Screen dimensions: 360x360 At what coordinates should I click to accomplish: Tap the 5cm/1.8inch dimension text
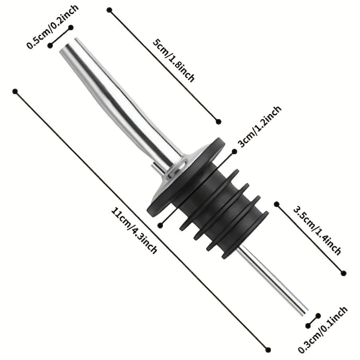(x=174, y=61)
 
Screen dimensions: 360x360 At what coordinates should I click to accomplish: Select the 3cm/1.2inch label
(x=259, y=126)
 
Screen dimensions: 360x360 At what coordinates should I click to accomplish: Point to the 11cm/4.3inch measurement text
(x=134, y=230)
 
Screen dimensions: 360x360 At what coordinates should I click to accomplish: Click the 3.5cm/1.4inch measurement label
(x=317, y=231)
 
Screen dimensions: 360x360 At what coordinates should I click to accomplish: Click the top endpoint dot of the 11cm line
(x=15, y=91)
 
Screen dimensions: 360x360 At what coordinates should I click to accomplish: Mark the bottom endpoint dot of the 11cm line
(x=268, y=350)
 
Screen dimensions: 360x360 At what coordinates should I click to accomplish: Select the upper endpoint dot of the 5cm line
(x=110, y=10)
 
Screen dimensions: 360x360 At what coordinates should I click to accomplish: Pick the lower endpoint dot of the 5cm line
(x=218, y=121)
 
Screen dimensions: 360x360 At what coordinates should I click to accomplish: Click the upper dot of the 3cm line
(x=234, y=151)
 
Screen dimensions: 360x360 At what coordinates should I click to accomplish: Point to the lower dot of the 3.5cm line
(x=344, y=273)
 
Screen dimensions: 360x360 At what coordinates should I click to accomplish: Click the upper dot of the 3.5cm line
(x=277, y=204)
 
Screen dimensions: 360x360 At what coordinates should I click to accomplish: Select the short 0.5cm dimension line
(x=61, y=36)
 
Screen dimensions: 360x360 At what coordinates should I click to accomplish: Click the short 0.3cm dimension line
(x=313, y=321)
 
